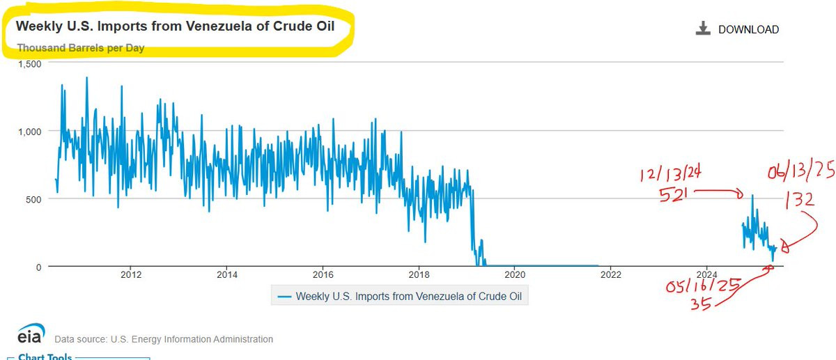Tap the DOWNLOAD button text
pyautogui.click(x=749, y=29)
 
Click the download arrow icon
pyautogui.click(x=703, y=29)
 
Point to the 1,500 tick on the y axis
pyautogui.click(x=30, y=64)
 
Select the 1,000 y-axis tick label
pyautogui.click(x=30, y=132)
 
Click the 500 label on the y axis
pyautogui.click(x=33, y=200)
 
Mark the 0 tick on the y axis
pyautogui.click(x=39, y=267)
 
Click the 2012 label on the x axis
pyautogui.click(x=131, y=275)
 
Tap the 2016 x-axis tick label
pyautogui.click(x=323, y=275)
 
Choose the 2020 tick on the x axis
pyautogui.click(x=515, y=275)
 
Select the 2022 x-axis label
pyautogui.click(x=610, y=275)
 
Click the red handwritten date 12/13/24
pyautogui.click(x=670, y=174)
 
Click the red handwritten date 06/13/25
pyautogui.click(x=801, y=171)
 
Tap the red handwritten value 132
pyautogui.click(x=800, y=200)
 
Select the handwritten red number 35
pyautogui.click(x=701, y=304)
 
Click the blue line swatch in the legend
pyautogui.click(x=284, y=297)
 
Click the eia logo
pyautogui.click(x=31, y=333)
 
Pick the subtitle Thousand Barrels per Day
pyautogui.click(x=81, y=48)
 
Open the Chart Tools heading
pyautogui.click(x=45, y=357)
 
